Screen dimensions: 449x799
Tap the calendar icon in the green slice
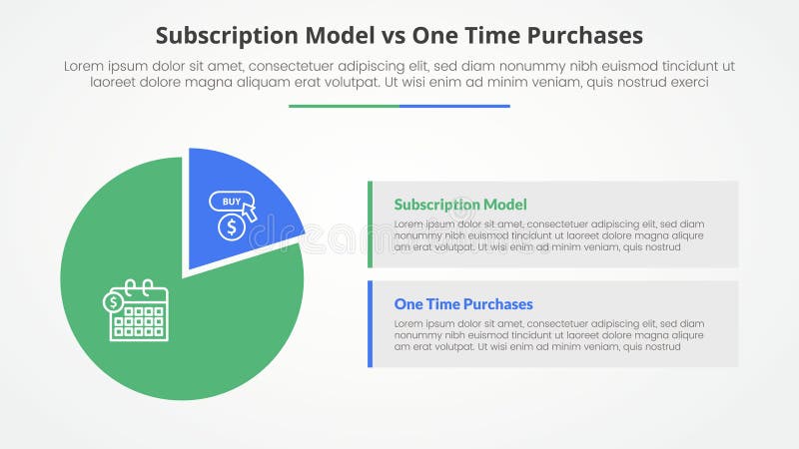[137, 311]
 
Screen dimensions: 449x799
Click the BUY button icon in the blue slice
[228, 202]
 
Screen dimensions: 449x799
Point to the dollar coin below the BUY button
[231, 227]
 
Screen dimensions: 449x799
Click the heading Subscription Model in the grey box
[460, 205]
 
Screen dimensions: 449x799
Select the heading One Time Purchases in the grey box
[463, 304]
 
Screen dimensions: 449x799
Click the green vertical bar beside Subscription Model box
[371, 224]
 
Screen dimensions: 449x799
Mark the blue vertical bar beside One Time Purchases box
[371, 324]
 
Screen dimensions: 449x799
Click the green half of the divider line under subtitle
[344, 106]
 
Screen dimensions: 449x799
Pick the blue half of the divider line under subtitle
[454, 106]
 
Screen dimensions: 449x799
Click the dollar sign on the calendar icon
[114, 301]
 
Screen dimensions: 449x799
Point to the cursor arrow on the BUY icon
[249, 212]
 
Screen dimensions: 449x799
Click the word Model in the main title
[333, 36]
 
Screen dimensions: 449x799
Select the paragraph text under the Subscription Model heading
[549, 235]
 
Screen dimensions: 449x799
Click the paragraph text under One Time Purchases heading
[549, 335]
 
